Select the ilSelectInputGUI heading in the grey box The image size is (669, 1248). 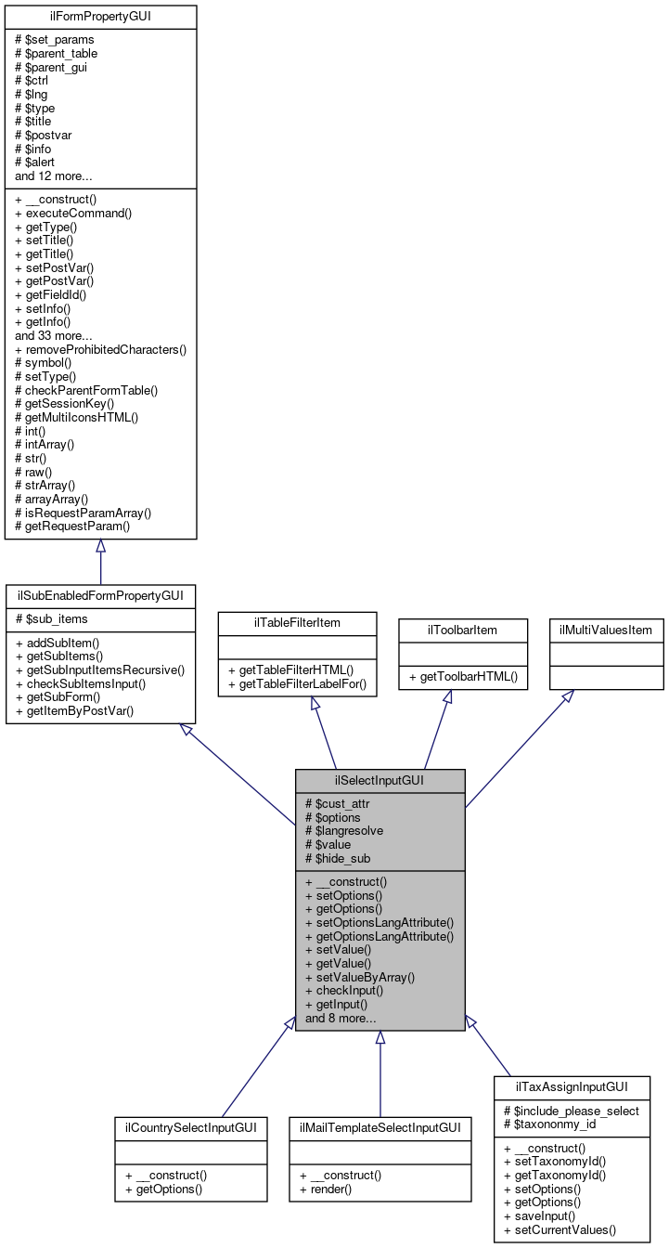click(380, 781)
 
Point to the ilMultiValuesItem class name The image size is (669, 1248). click(606, 630)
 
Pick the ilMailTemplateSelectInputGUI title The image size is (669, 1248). click(380, 1127)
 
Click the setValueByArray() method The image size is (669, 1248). click(360, 977)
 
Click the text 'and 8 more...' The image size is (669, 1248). click(341, 1018)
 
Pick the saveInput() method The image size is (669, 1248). click(541, 1216)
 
